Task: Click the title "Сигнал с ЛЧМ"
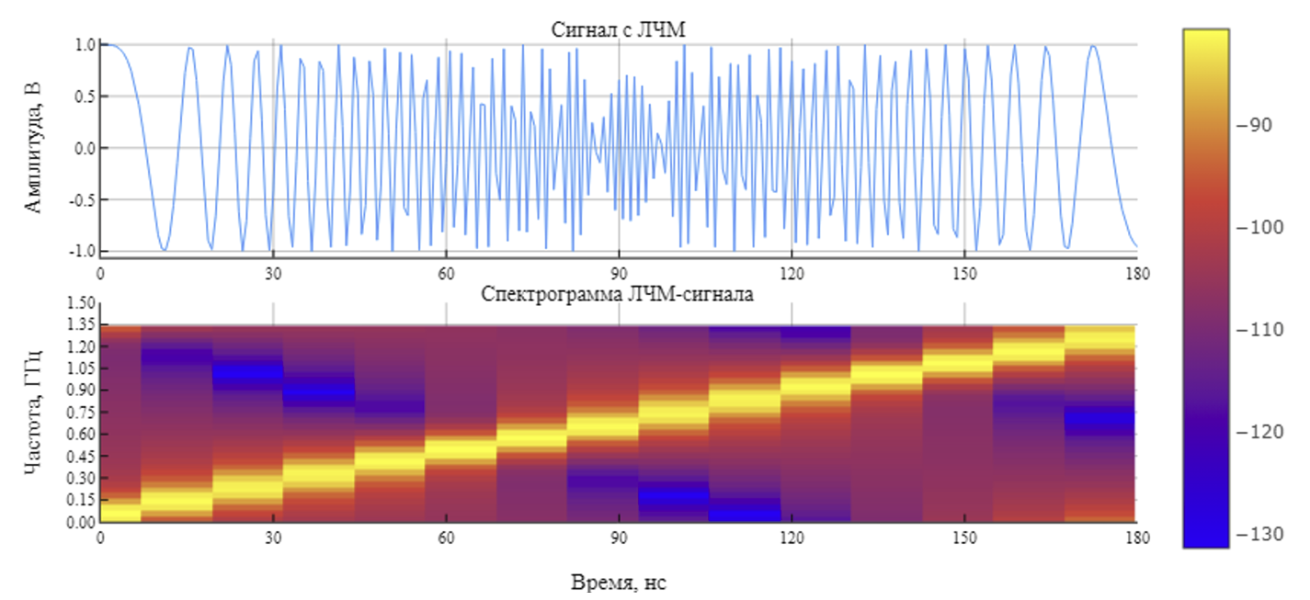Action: tap(619, 29)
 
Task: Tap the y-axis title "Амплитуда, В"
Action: tap(34, 147)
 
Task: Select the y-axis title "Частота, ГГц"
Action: tap(34, 413)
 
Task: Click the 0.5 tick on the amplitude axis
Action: tap(85, 96)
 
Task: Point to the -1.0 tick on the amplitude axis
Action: tap(82, 251)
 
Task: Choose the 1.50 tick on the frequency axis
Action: tap(82, 303)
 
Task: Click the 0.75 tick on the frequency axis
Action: tap(82, 413)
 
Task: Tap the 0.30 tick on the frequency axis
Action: tap(82, 478)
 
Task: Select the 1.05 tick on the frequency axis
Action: tap(82, 368)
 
